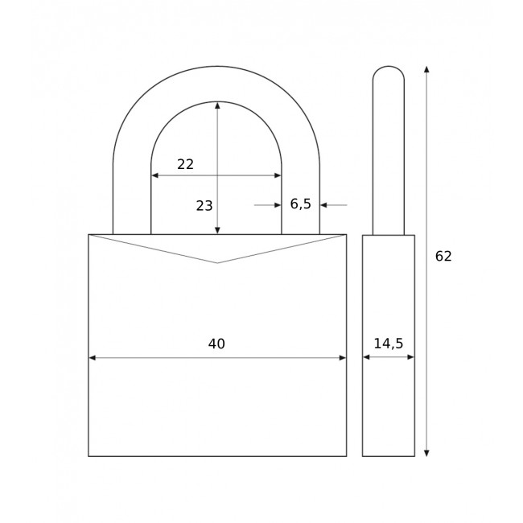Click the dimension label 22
click(185, 164)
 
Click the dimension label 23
click(204, 206)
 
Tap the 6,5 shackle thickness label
click(301, 204)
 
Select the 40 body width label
click(216, 344)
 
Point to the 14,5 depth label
click(389, 344)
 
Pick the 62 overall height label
click(443, 256)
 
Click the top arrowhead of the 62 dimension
click(426, 69)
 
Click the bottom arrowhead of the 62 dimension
click(426, 453)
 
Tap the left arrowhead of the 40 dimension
click(93, 358)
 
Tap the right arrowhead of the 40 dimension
click(343, 358)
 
